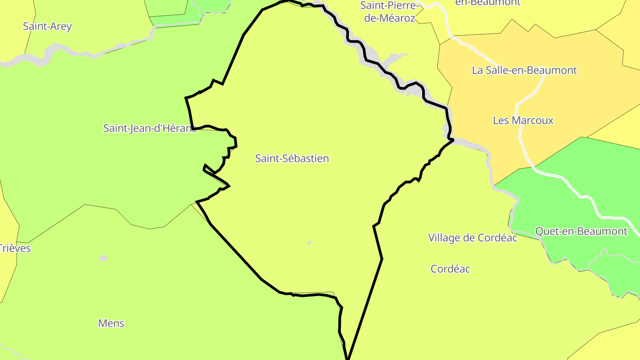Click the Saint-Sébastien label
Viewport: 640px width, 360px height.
coord(292,158)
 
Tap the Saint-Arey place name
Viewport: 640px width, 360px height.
coord(47,26)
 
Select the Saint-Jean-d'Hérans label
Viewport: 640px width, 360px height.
coord(149,128)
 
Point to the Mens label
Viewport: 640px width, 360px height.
coord(111,323)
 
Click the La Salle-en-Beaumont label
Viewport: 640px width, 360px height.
coord(524,70)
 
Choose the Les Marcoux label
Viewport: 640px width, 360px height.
coord(523,120)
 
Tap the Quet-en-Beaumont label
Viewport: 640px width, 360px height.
coord(581,231)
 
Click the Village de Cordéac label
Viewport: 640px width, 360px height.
coord(472,238)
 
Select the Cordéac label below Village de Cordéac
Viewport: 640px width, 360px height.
coord(450,269)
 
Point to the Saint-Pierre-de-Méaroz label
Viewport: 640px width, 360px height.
coord(389,12)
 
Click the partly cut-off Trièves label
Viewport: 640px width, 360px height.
coord(15,248)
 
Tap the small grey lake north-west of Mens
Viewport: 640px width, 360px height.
coord(103,258)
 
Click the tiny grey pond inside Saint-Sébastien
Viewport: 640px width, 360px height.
coord(309,243)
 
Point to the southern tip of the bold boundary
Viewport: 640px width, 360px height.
coord(348,357)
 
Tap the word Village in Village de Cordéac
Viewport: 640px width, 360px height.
coord(444,238)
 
